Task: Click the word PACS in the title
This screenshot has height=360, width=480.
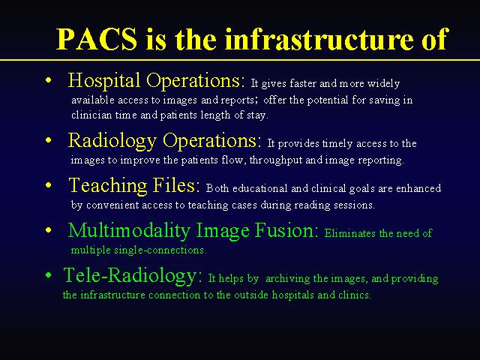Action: point(97,39)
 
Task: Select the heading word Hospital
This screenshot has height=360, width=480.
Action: point(104,81)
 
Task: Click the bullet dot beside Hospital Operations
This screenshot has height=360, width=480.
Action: point(48,80)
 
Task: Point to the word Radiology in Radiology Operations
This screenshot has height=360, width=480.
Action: point(112,141)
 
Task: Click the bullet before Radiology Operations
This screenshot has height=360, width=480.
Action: point(48,140)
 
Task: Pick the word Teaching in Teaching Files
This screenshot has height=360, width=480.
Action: point(108,186)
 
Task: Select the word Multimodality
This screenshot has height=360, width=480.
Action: point(129,231)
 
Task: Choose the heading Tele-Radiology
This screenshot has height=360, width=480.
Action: point(133,275)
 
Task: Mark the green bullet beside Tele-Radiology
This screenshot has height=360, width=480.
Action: point(48,275)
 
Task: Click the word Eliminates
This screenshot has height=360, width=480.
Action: point(350,233)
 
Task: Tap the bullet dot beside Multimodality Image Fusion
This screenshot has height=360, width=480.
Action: point(48,230)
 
